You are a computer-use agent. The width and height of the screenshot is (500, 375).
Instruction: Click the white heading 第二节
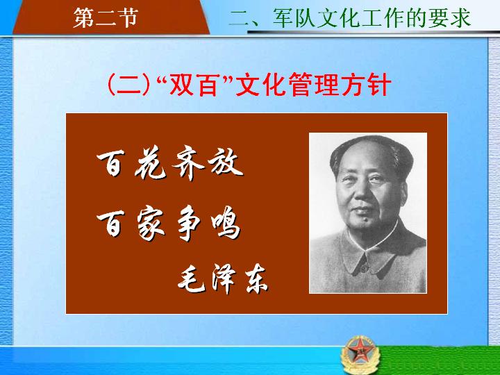tap(106, 17)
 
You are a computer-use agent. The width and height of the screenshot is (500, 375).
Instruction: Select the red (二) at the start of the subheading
tap(129, 85)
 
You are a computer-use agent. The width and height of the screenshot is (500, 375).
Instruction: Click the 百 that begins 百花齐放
tap(110, 164)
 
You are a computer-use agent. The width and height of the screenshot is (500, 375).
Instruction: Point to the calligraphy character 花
tap(151, 162)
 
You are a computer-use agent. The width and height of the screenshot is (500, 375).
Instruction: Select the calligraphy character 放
tap(226, 163)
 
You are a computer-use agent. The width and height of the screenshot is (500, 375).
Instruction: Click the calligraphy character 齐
tap(188, 164)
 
